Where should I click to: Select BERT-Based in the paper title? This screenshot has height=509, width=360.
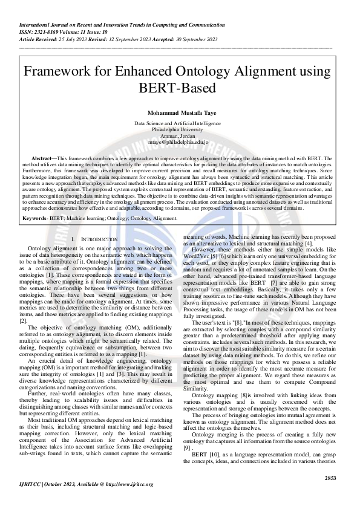[177, 88]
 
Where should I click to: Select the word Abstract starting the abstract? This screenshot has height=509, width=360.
[41, 158]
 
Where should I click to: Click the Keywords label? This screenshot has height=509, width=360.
[34, 217]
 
